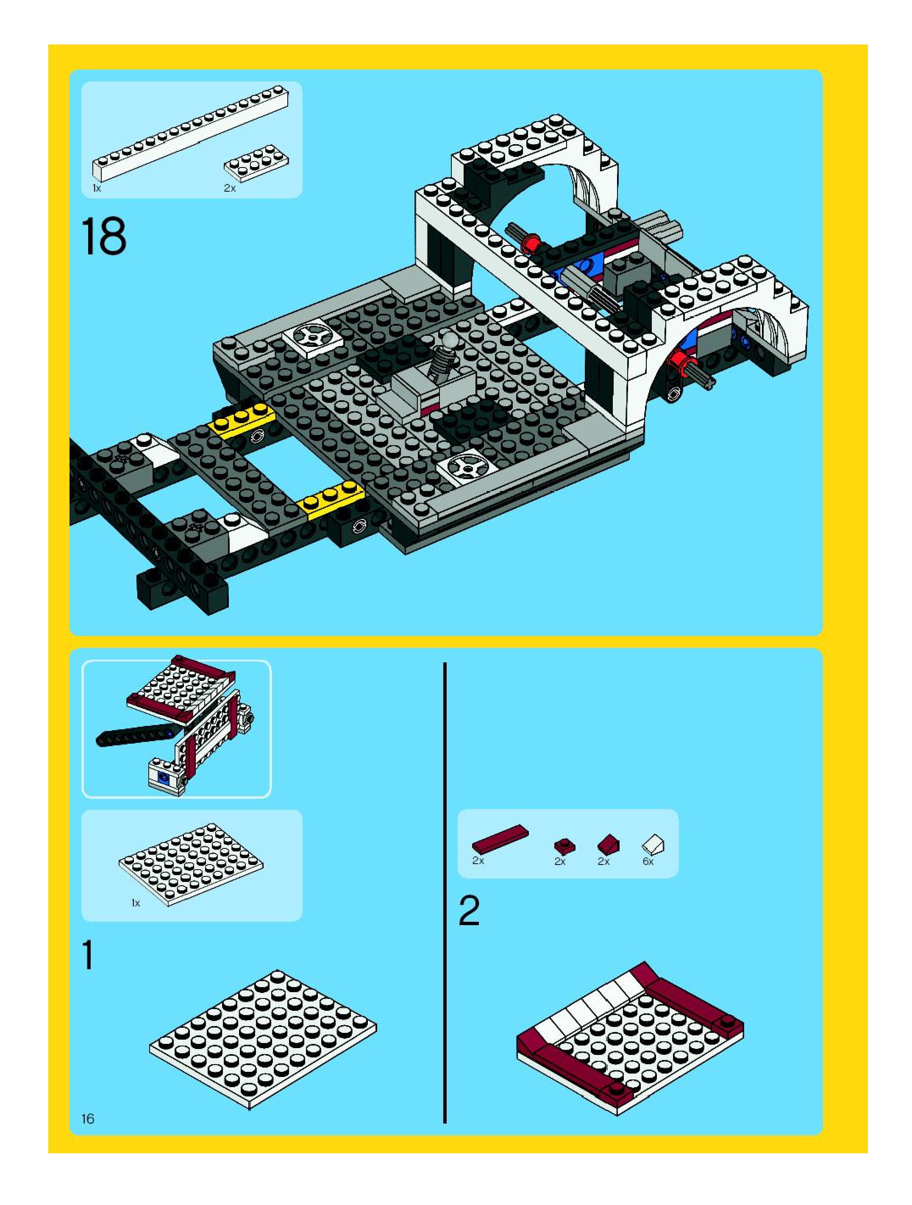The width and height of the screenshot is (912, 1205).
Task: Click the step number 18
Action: point(103,237)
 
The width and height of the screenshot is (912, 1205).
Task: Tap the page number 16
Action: point(88,1119)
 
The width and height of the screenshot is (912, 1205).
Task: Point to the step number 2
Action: point(469,910)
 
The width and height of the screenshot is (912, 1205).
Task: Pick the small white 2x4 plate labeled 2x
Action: point(256,162)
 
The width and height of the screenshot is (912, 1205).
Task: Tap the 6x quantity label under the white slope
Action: point(648,861)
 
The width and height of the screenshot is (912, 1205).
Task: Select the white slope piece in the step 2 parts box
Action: point(653,845)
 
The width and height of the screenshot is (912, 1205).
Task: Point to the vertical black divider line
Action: point(445,893)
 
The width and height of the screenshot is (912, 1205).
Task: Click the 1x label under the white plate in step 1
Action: point(136,903)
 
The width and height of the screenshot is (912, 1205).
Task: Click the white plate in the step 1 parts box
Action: point(191,865)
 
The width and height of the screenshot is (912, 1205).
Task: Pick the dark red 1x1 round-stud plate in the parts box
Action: point(564,845)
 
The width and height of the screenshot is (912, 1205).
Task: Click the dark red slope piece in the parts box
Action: point(608,845)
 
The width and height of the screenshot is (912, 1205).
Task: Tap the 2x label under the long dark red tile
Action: point(478,861)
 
